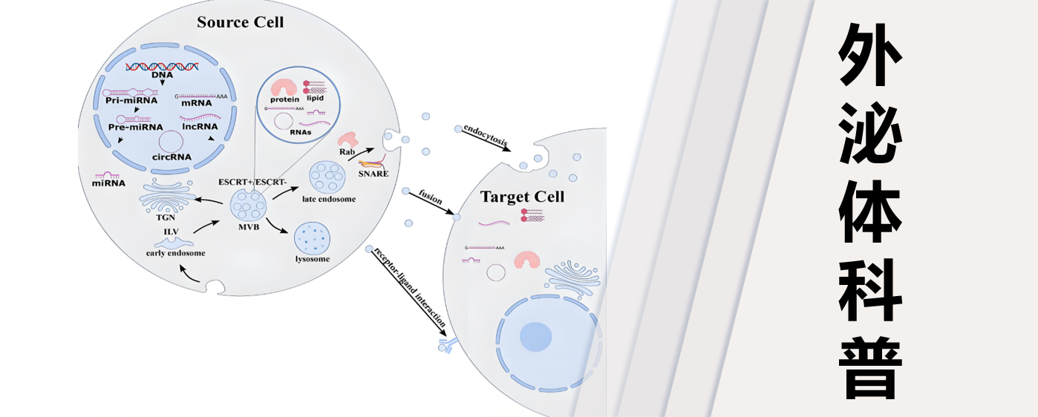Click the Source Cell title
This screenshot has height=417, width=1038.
pyautogui.click(x=240, y=22)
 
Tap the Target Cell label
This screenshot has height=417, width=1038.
pyautogui.click(x=522, y=197)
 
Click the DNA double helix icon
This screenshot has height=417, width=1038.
pyautogui.click(x=161, y=67)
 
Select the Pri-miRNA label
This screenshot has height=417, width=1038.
pyautogui.click(x=131, y=99)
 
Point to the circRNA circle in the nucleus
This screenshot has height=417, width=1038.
pyautogui.click(x=171, y=141)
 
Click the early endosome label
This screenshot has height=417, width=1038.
pyautogui.click(x=175, y=253)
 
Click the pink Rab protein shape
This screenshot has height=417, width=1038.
pyautogui.click(x=347, y=139)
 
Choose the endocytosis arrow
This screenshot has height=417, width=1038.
pyautogui.click(x=486, y=139)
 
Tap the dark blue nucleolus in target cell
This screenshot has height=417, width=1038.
pyautogui.click(x=535, y=337)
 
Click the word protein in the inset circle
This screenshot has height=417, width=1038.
pyautogui.click(x=284, y=99)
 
